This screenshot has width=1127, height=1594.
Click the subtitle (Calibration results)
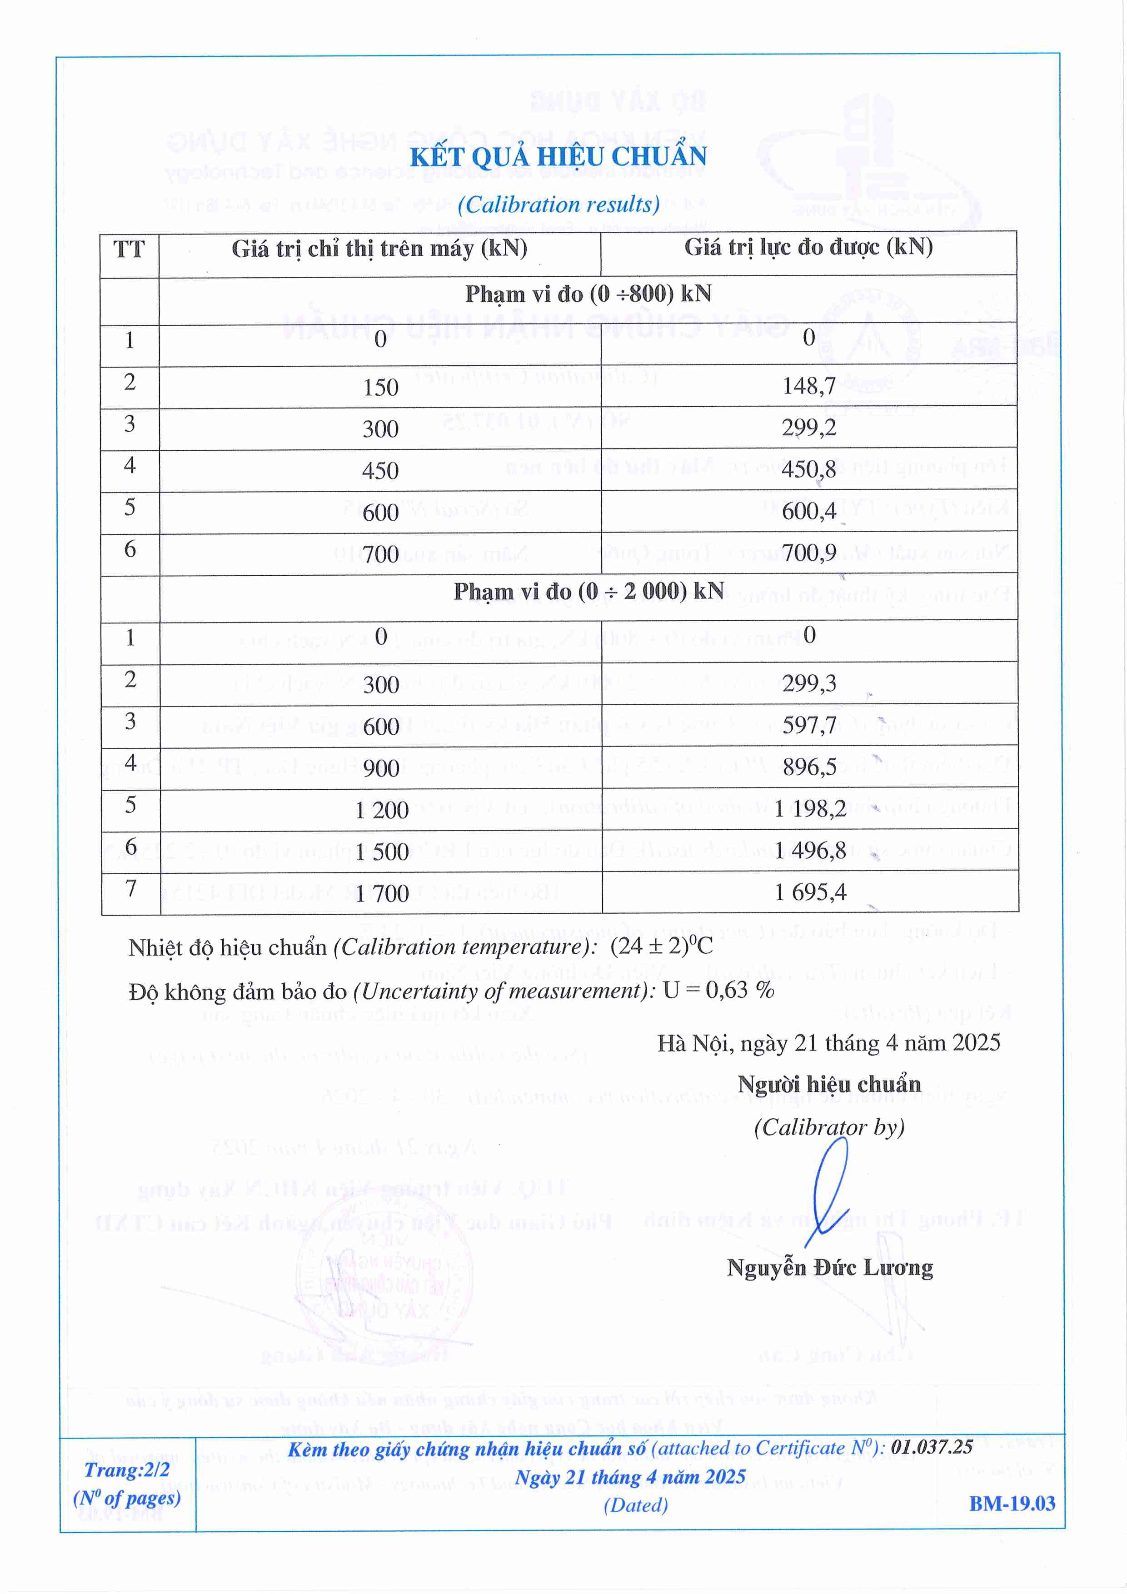559,204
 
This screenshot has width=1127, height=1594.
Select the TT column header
129,249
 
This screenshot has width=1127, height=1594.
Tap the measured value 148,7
808,385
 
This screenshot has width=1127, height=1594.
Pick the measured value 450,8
808,469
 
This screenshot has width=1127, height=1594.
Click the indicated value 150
380,388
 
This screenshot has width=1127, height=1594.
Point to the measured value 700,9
808,553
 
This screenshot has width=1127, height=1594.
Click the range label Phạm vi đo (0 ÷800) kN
588,294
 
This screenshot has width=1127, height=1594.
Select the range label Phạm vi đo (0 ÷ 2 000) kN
588,592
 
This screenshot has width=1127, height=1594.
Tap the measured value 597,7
809,726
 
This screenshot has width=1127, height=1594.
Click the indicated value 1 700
381,893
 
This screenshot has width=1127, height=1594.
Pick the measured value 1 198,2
810,809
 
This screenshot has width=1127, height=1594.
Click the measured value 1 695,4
810,892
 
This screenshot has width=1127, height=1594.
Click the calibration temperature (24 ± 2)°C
661,946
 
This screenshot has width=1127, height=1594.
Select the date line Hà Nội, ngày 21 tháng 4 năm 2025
828,1043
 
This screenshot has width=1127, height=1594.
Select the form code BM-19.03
1012,1504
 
